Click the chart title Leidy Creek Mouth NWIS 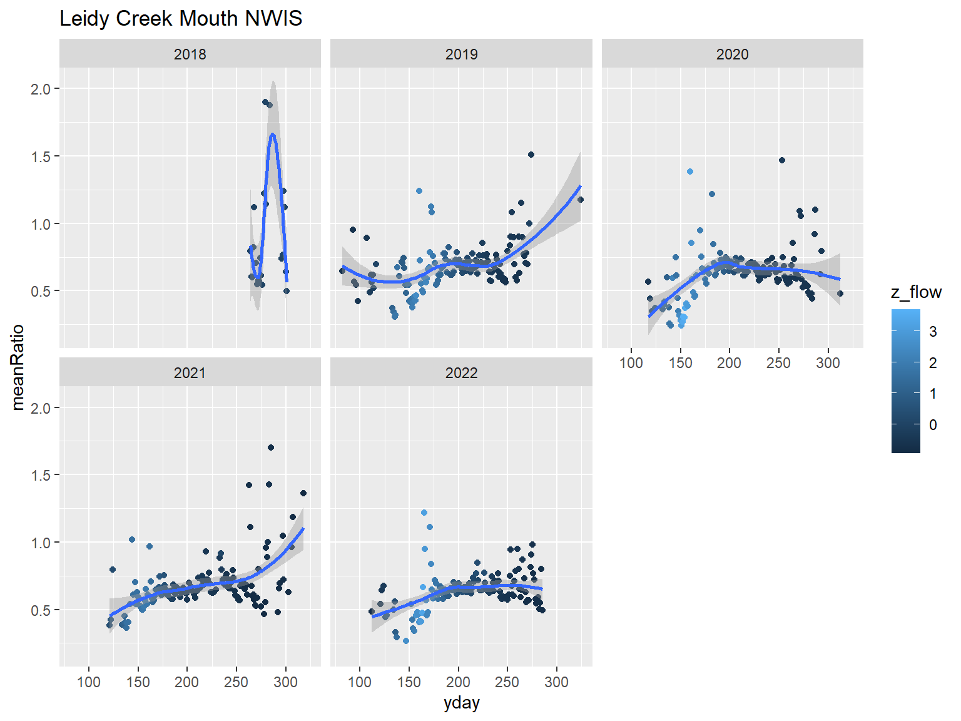point(181,19)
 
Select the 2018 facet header point(190,54)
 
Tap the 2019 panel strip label point(461,54)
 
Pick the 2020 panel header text point(732,54)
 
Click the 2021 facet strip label point(190,373)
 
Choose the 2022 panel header point(461,373)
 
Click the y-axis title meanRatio point(18,367)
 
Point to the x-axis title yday point(461,703)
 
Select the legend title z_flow point(916,292)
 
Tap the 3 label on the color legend point(933,332)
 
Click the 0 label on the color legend point(933,425)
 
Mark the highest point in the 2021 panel point(271,447)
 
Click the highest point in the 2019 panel point(531,155)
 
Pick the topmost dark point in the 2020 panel point(782,160)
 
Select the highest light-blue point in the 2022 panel point(424,513)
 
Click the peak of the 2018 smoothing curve point(273,135)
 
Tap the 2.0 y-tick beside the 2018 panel point(41,89)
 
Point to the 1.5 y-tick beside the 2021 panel point(41,475)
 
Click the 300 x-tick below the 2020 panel point(828,363)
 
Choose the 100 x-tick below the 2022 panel point(360,682)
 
